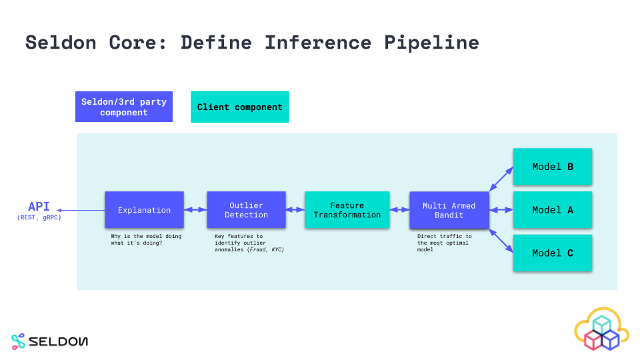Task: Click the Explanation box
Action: [144, 210]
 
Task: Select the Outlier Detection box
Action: [246, 210]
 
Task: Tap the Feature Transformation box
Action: [347, 210]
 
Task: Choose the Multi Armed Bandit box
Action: [449, 210]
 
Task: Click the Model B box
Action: [552, 167]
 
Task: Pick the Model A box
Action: [552, 210]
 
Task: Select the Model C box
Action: [552, 253]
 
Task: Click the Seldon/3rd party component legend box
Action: [124, 107]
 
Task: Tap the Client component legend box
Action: [239, 107]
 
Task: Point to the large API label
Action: [39, 206]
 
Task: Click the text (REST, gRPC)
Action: [39, 217]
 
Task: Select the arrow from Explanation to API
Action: [81, 210]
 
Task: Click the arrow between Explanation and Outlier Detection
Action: [195, 210]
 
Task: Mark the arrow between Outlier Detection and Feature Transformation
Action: [295, 210]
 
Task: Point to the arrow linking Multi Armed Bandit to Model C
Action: [501, 241]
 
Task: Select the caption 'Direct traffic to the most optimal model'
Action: [444, 243]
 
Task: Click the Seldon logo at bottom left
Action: [49, 341]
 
